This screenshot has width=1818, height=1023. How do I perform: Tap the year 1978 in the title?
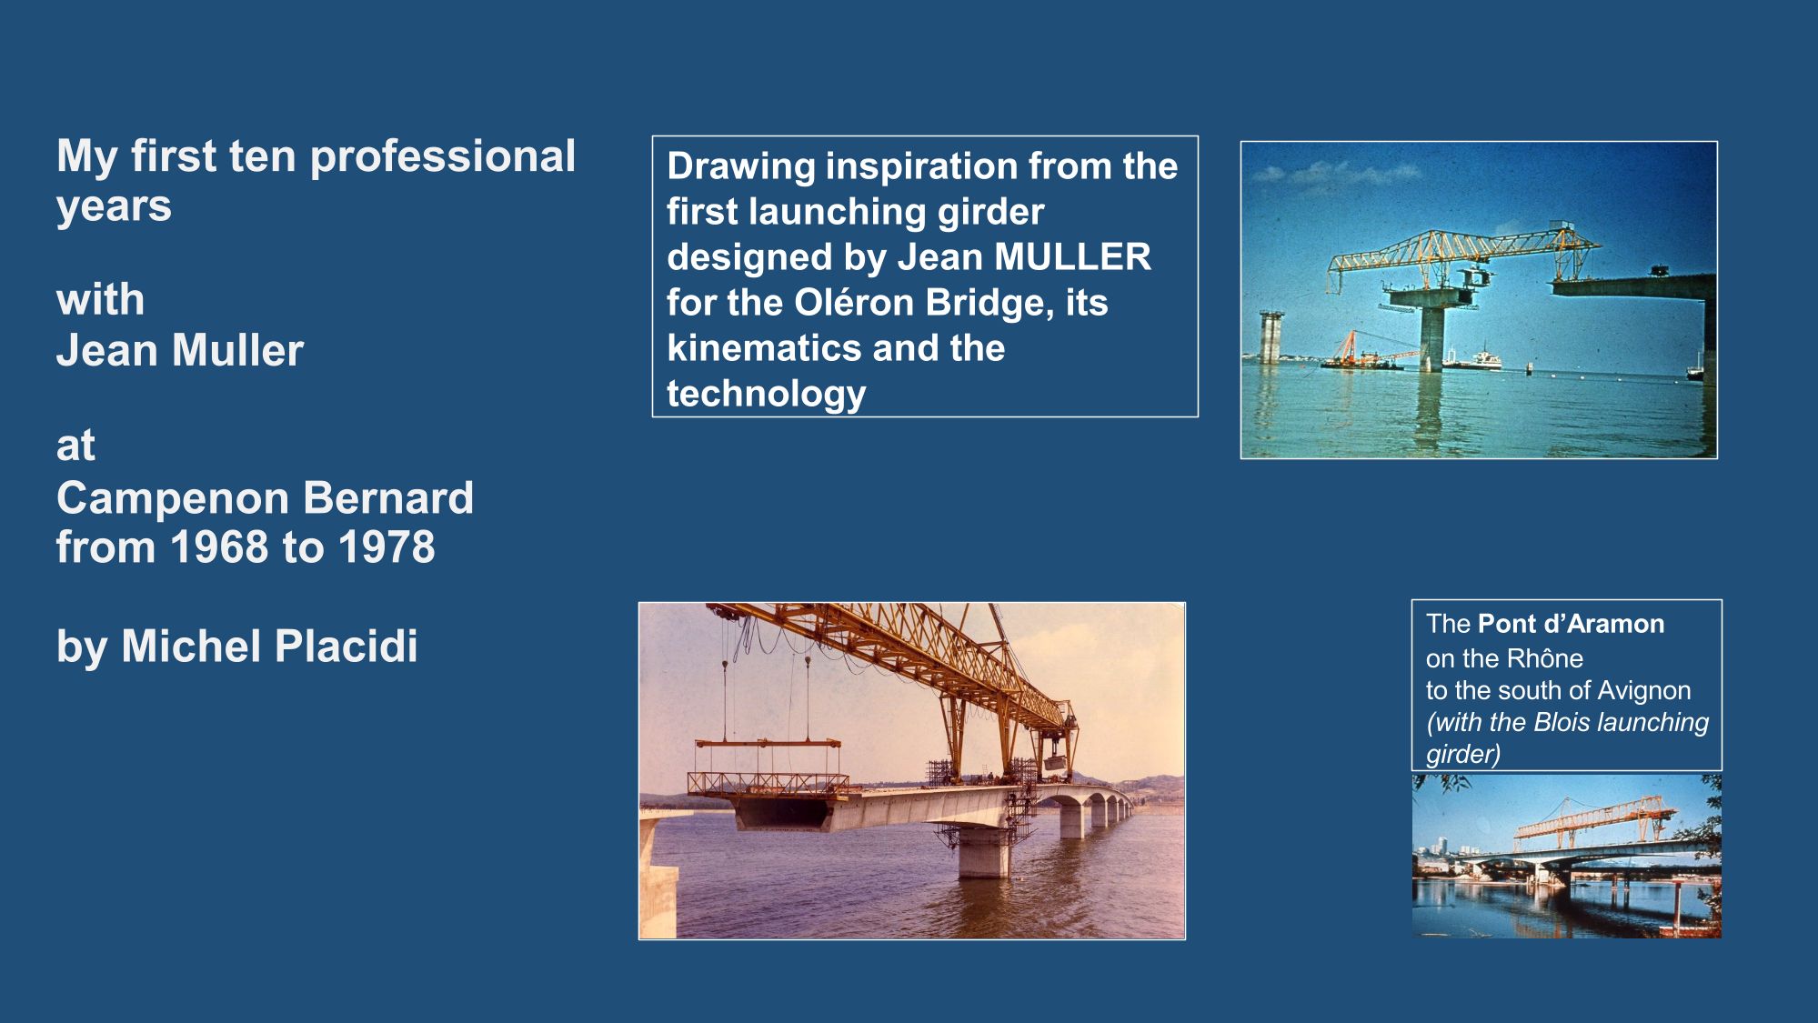coord(387,547)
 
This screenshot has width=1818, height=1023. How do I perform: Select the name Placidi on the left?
coord(346,647)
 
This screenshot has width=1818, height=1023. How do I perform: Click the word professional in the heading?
coord(443,157)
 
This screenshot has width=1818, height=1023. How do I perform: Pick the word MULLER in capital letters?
coord(1072,257)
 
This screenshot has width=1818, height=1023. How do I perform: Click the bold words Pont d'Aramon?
coord(1572,624)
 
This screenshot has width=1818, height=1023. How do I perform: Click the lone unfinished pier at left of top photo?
coord(1271,337)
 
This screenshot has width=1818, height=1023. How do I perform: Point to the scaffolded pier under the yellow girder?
coord(984,841)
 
